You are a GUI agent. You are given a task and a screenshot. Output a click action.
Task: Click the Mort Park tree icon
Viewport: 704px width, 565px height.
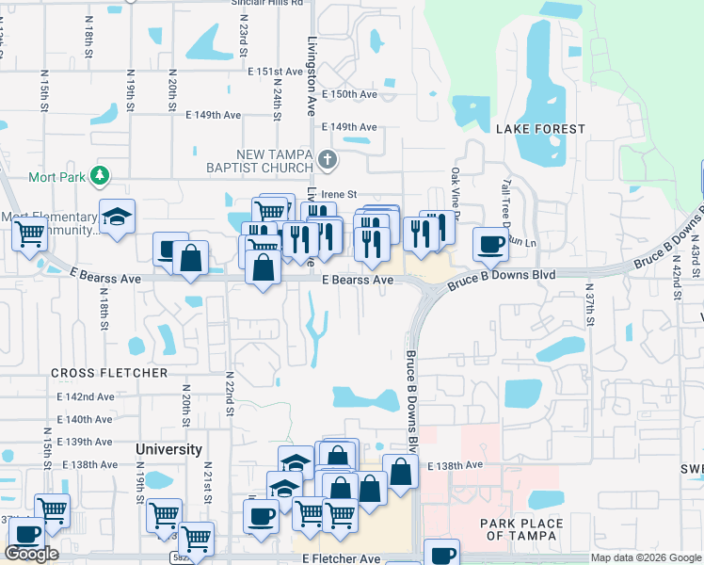98,175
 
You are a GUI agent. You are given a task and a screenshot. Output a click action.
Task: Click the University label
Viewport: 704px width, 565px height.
168,449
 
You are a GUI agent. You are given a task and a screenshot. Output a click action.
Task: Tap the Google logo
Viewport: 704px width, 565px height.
31,554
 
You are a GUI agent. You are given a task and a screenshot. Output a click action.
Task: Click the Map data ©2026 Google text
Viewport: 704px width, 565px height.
645,557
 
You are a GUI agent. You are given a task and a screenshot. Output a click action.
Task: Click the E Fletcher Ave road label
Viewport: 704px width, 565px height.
342,558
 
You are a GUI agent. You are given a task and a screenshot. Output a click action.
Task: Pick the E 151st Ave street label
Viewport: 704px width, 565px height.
275,72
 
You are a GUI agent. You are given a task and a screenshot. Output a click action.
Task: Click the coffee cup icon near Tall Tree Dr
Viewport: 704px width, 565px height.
490,245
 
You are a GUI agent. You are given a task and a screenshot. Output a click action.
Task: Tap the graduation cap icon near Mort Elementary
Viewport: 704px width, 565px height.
118,217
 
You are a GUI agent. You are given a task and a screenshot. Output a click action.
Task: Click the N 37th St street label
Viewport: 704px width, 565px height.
590,305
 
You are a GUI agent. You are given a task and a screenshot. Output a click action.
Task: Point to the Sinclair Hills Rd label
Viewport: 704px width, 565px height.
272,3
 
